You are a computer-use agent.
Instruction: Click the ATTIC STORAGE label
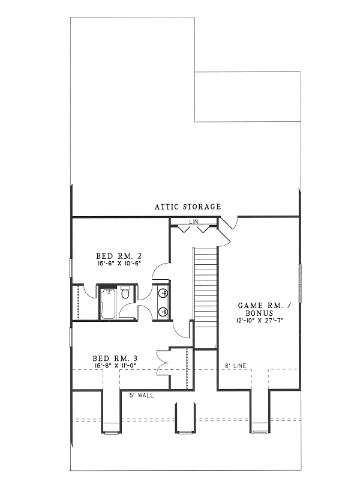click(x=188, y=207)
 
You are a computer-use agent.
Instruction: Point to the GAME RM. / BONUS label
click(x=264, y=309)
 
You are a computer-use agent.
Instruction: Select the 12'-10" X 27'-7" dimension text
click(x=264, y=321)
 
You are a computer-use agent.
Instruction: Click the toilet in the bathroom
click(x=125, y=294)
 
